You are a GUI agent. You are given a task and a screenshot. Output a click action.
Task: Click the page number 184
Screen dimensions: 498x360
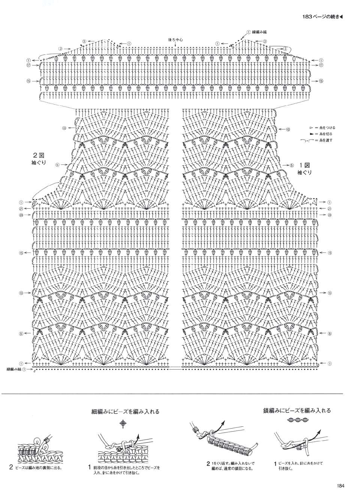click(340, 486)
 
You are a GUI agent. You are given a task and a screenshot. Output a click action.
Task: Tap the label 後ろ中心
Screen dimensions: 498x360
click(175, 39)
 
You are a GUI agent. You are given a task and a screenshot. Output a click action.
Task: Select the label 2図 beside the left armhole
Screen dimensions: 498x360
click(39, 155)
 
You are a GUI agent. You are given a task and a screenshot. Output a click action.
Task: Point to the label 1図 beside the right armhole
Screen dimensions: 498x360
click(304, 165)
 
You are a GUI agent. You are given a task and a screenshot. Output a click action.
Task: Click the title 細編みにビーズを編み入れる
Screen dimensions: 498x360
click(125, 411)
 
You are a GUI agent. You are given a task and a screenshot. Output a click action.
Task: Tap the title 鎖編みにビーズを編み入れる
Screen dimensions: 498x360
click(297, 410)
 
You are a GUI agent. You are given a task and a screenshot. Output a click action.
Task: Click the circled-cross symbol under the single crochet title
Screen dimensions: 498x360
click(123, 424)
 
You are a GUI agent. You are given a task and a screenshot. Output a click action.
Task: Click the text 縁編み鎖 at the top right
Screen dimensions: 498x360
click(260, 32)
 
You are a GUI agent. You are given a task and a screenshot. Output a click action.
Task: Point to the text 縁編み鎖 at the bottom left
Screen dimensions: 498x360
click(14, 369)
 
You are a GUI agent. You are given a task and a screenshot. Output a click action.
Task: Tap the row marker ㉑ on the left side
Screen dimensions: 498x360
click(21, 209)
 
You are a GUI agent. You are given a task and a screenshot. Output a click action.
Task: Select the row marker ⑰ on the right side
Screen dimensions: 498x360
click(321, 65)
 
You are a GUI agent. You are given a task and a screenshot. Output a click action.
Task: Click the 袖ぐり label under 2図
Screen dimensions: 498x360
click(39, 162)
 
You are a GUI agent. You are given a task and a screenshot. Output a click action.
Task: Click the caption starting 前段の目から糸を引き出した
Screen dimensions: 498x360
click(126, 470)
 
